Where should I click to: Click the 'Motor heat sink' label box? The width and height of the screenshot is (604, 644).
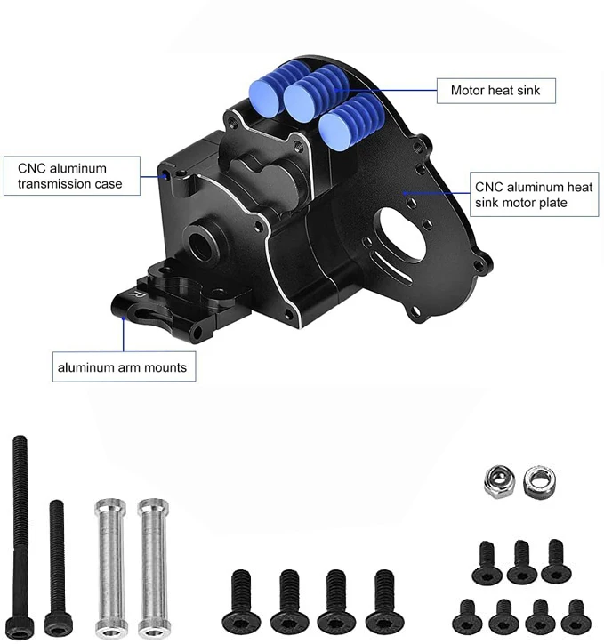pyautogui.click(x=495, y=91)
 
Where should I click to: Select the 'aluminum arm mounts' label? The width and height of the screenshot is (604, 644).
pyautogui.click(x=124, y=366)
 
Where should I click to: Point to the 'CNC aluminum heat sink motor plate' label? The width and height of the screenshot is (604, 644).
pyautogui.click(x=534, y=195)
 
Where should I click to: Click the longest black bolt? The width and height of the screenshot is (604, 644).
pyautogui.click(x=20, y=536)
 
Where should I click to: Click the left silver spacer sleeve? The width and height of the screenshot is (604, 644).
pyautogui.click(x=111, y=567)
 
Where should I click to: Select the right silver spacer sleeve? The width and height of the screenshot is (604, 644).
pyautogui.click(x=153, y=567)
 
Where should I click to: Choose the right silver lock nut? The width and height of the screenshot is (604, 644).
pyautogui.click(x=539, y=482)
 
